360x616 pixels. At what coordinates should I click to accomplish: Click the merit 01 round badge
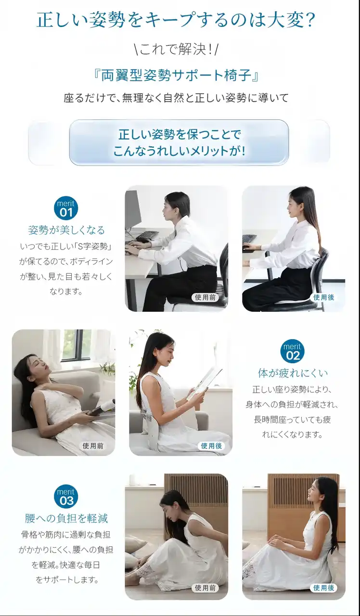[66, 208]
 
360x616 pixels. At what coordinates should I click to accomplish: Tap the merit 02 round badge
[293, 351]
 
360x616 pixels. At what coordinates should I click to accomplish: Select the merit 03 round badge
[66, 496]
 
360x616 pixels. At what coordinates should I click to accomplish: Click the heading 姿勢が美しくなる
[66, 230]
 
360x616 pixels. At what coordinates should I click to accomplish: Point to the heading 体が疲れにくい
[293, 373]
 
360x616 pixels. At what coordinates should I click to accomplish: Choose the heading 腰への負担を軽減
[66, 518]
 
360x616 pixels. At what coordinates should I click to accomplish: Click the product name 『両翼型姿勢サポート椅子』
[176, 76]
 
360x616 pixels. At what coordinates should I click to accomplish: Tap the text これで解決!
[176, 50]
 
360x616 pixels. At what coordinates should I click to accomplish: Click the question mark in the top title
[310, 20]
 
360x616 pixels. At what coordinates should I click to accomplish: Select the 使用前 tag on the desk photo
[205, 297]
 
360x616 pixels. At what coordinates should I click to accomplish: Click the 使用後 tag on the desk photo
[323, 297]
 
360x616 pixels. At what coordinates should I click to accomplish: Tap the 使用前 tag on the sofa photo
[93, 446]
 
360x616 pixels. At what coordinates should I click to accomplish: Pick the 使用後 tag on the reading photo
[211, 446]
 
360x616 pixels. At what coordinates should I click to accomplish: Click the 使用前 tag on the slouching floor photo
[205, 588]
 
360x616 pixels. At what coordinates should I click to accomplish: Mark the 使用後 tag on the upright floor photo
[323, 588]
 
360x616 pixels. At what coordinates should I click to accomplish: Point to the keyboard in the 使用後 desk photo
[250, 238]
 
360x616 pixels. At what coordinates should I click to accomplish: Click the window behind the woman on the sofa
[74, 345]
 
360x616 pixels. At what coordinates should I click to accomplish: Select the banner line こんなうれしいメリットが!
[179, 151]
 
